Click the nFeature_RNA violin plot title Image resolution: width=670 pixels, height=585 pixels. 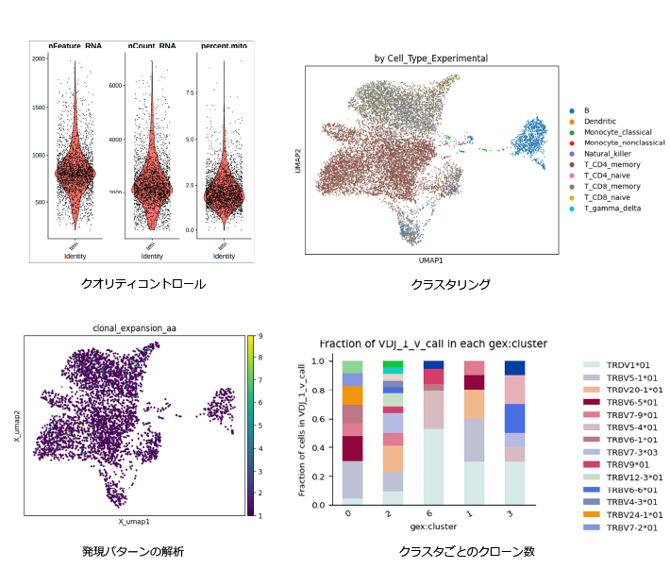coord(76,45)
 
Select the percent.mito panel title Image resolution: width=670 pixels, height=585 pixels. coord(224,45)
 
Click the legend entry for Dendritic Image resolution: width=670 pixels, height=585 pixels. coord(600,122)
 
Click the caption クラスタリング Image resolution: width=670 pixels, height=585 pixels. coord(451,284)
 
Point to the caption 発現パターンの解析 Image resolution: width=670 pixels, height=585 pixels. coord(132,550)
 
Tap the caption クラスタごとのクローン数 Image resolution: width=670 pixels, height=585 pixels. coord(455,550)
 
